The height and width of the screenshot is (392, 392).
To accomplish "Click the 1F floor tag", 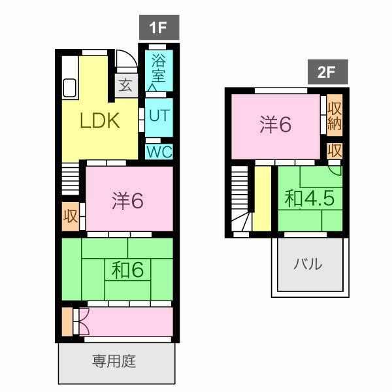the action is [159, 27].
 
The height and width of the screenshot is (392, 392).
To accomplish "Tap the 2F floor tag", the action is [327, 72].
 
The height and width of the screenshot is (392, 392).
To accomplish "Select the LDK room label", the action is [100, 121].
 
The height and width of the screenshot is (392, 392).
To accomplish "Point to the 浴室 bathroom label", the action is [159, 68].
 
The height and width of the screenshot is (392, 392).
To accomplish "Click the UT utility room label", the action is [159, 116].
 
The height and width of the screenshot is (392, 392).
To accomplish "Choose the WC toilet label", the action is [159, 152].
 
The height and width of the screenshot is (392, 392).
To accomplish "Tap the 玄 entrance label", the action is [125, 85].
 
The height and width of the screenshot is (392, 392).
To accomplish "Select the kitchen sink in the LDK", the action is [69, 88].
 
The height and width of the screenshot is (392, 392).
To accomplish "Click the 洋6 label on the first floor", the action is [127, 201].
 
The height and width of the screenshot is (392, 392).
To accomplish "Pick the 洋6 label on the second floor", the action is [275, 124].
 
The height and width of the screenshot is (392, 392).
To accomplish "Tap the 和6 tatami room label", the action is [127, 270].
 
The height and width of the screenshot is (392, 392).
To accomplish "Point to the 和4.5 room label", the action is [310, 199].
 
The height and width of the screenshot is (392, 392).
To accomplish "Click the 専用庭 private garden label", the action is [114, 361].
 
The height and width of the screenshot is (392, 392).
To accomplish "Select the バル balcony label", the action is [308, 264].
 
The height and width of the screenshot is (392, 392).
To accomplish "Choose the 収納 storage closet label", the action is [335, 115].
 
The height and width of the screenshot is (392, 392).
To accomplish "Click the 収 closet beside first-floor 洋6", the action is [71, 216].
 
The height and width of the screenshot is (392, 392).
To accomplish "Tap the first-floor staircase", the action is [71, 179].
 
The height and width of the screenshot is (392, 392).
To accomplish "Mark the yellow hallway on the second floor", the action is [262, 199].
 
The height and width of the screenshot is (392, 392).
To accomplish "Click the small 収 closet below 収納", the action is [335, 150].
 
